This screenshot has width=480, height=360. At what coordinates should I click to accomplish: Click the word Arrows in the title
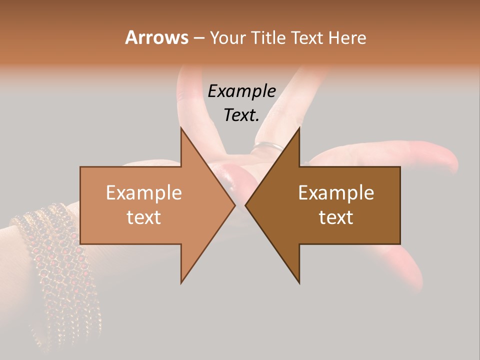tap(156, 37)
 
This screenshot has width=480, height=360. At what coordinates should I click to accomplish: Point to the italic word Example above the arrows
tap(241, 91)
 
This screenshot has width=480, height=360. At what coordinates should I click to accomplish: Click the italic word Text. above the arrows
tap(241, 115)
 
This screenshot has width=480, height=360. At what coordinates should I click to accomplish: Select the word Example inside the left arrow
tap(144, 193)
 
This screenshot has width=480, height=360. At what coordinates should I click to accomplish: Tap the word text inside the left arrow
tap(144, 217)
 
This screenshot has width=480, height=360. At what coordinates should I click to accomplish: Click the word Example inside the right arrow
tap(336, 193)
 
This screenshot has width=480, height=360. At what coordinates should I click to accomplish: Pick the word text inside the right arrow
tap(336, 217)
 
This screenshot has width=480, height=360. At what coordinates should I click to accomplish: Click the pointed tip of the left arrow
tap(234, 205)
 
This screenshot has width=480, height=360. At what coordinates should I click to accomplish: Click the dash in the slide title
tap(198, 37)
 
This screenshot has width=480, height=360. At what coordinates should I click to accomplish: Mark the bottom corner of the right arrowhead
tap(299, 282)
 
